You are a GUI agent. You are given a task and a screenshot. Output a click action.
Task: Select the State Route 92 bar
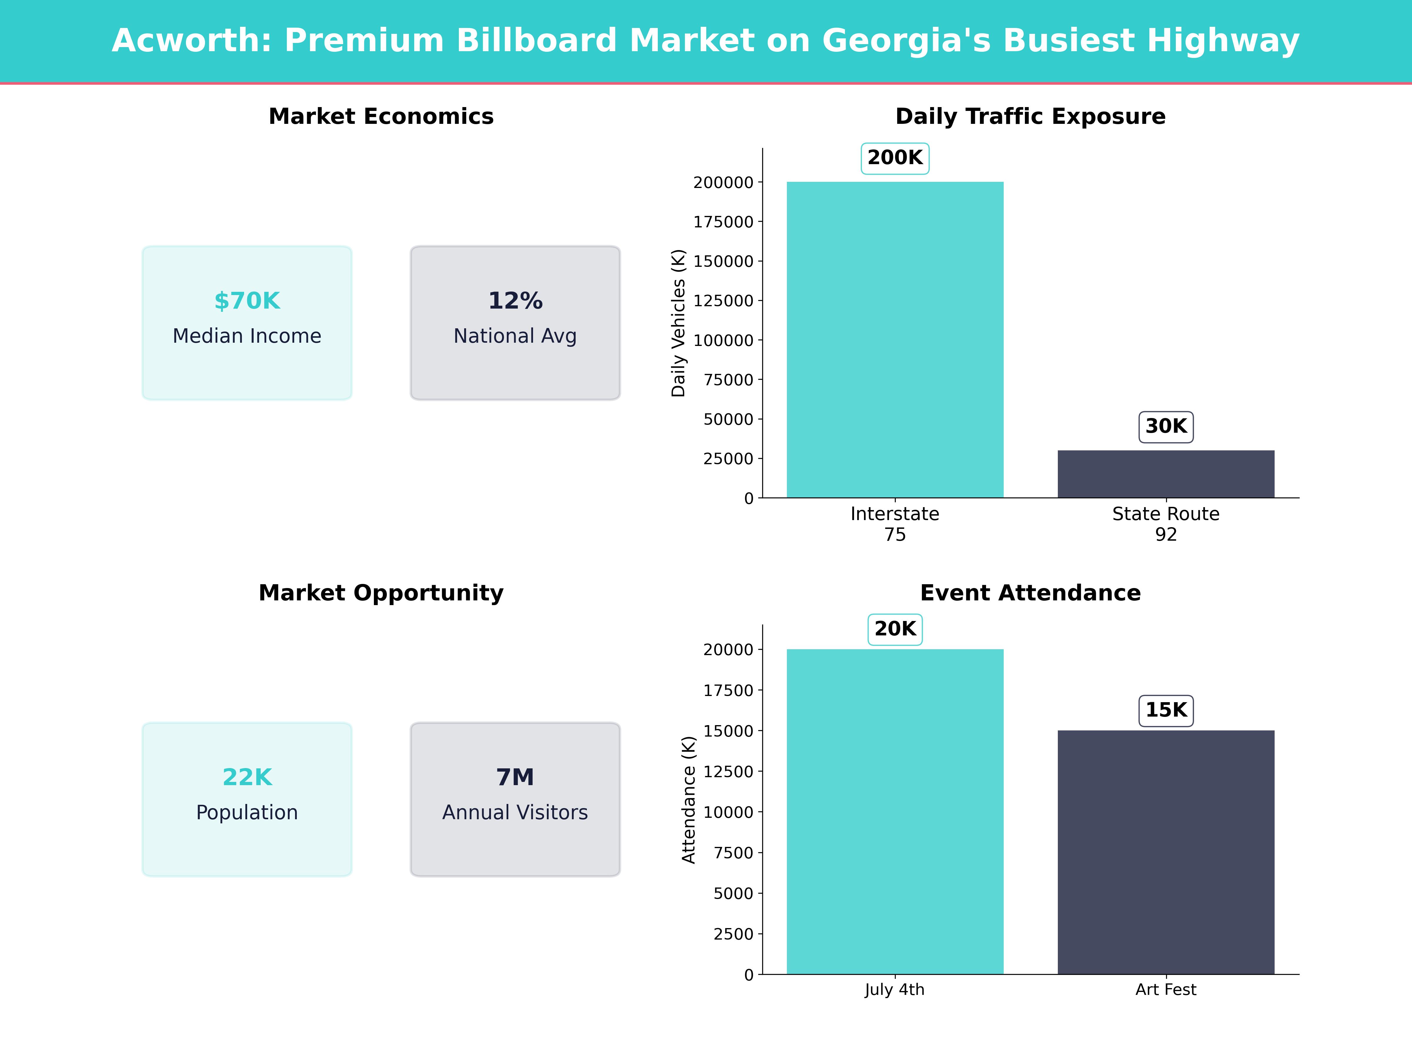1165,474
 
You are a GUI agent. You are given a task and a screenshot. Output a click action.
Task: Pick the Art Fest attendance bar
1165,852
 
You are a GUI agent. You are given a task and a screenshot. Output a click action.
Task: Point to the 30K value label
1165,427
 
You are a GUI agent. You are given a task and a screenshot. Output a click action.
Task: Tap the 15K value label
1165,710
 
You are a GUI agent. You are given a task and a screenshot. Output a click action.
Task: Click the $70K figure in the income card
247,301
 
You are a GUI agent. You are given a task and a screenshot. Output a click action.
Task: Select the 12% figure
515,301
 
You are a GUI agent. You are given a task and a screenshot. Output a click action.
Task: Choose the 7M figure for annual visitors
515,777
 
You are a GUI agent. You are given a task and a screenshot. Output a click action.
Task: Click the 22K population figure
247,777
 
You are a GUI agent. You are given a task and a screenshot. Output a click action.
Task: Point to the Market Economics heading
381,116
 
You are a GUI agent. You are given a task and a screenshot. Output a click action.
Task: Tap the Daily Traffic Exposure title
1030,116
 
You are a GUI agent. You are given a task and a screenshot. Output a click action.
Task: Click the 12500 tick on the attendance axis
728,771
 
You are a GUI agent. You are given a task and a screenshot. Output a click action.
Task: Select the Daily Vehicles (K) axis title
678,323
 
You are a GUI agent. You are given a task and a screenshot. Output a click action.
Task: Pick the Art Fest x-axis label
1165,989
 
